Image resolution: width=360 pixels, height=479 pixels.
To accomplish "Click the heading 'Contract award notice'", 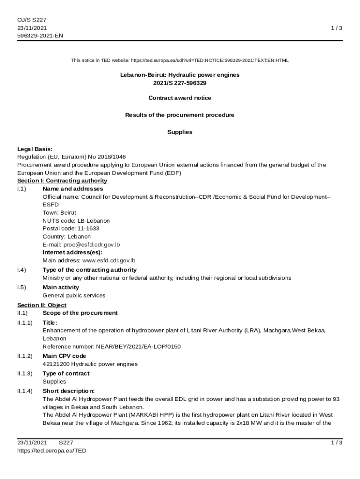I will [x=180, y=98].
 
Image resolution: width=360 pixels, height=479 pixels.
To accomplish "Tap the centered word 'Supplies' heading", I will [x=180, y=132].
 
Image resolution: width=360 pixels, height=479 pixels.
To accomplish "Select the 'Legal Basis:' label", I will [x=35, y=149].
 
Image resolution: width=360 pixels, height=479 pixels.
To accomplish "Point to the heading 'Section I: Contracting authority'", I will [x=62, y=181].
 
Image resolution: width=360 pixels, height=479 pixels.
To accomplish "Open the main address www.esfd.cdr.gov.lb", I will [x=109, y=261].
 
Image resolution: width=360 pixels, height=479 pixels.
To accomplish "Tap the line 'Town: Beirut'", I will [x=59, y=213].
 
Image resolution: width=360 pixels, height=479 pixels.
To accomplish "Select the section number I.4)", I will [x=22, y=270].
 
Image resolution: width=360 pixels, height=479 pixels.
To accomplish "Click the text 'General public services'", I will [x=74, y=296].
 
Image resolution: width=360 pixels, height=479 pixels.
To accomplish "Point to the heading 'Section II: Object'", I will [x=42, y=305].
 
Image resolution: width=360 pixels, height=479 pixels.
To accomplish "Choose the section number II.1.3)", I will [x=25, y=374].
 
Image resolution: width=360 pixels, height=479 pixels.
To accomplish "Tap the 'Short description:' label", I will [x=69, y=391].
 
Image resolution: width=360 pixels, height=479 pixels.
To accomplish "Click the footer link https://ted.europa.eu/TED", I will [x=52, y=451].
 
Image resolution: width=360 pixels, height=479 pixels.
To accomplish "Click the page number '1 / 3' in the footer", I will [x=336, y=443].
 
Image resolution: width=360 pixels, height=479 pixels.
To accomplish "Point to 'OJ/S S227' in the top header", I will [x=32, y=20].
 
